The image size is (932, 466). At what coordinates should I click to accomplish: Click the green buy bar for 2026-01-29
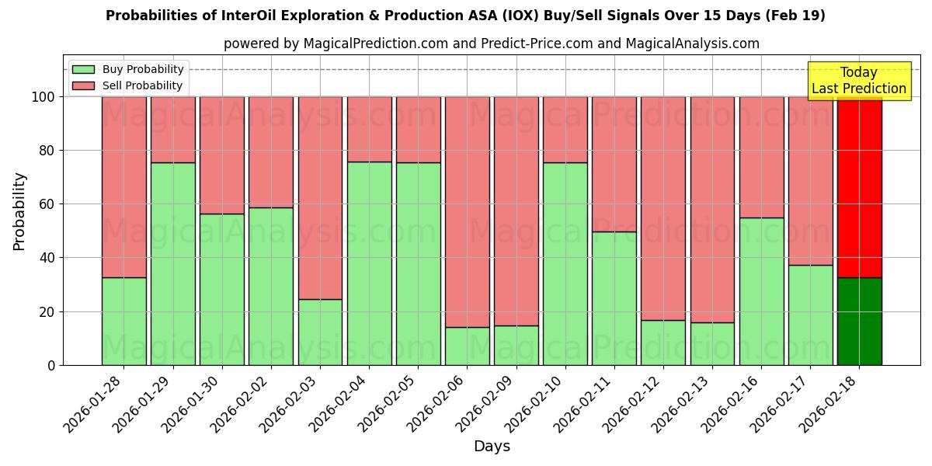click(172, 264)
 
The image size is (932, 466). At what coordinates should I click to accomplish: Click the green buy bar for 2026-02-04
click(369, 263)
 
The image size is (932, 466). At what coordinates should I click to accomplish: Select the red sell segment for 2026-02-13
click(712, 209)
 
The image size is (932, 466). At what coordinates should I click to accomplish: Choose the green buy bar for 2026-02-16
click(761, 291)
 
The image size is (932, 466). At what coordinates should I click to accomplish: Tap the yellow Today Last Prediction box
click(858, 81)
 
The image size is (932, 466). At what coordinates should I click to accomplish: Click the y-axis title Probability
click(19, 211)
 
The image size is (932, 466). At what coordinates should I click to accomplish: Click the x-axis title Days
click(492, 447)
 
